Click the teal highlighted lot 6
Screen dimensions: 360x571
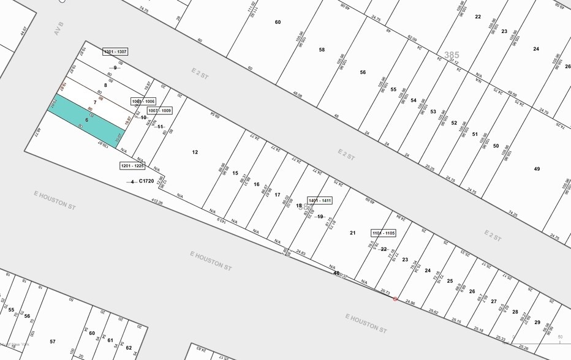point(86,121)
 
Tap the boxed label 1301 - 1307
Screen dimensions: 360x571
point(115,52)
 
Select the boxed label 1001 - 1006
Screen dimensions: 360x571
point(143,101)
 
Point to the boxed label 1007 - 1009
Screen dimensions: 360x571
point(159,111)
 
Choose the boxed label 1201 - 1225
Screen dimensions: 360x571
point(132,166)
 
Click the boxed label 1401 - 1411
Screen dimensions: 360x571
point(320,201)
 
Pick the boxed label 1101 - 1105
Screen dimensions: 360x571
point(384,233)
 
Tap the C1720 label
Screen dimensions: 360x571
point(146,181)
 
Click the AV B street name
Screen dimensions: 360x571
point(59,28)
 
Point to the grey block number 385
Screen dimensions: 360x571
point(452,55)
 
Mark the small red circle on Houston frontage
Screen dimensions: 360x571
point(395,299)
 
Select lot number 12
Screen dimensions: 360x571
point(195,152)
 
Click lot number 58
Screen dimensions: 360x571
point(322,50)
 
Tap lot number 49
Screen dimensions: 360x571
point(537,169)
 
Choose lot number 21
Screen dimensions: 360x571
point(352,233)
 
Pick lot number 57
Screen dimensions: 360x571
point(53,342)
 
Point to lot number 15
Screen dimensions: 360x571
point(235,173)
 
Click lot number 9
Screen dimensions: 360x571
point(115,68)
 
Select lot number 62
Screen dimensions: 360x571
point(129,348)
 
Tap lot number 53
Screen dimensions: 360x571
point(433,112)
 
